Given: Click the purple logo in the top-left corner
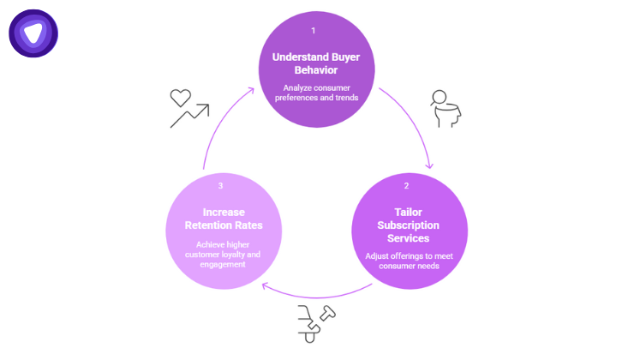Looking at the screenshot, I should click(33, 33).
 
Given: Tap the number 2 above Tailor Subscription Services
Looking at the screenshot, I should click(406, 185).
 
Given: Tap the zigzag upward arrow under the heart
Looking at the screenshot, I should click(189, 117).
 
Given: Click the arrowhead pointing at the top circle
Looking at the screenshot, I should click(254, 87).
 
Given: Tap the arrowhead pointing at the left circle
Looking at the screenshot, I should click(264, 287).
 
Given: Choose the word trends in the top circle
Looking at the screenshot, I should click(343, 97).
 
